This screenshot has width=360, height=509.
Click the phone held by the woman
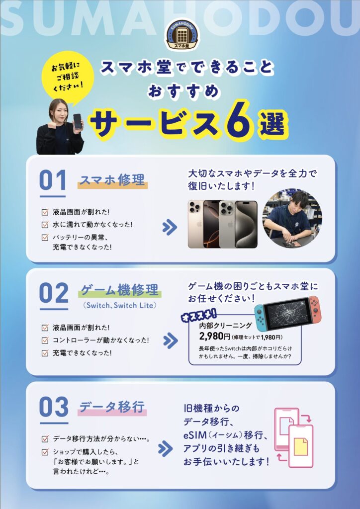[x=77, y=121]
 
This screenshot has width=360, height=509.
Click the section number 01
[x=53, y=180]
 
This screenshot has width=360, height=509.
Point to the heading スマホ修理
[x=112, y=179]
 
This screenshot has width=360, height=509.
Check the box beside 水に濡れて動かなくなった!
[x=45, y=225]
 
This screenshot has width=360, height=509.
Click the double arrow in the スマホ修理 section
[x=170, y=228]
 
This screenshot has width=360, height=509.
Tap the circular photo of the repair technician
[x=292, y=219]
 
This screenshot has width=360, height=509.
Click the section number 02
[x=54, y=293]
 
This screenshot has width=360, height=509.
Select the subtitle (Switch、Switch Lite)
[x=120, y=306]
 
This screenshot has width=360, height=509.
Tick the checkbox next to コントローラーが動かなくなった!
[x=45, y=340]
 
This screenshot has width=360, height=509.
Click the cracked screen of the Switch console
[x=286, y=312]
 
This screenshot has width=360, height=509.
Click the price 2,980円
[x=215, y=337]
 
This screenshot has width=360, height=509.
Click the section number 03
[x=54, y=407]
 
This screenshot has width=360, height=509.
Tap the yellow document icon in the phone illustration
[x=301, y=447]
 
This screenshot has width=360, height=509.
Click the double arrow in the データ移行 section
[x=166, y=449]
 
